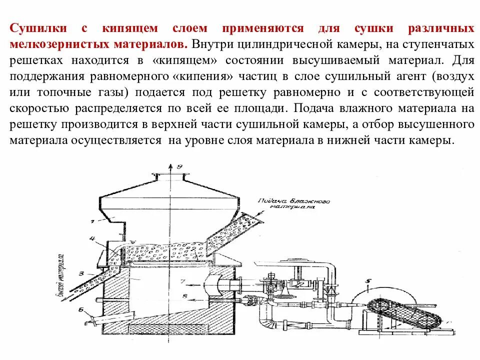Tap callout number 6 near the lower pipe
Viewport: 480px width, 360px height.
pyautogui.click(x=80, y=309)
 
